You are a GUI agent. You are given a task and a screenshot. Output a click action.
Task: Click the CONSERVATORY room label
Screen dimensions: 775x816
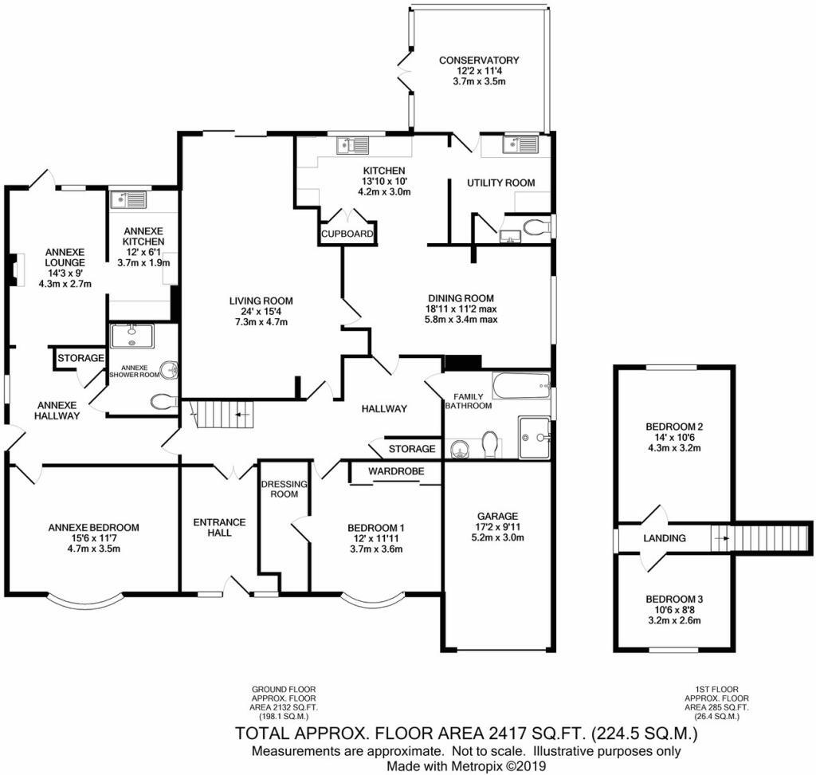(479, 60)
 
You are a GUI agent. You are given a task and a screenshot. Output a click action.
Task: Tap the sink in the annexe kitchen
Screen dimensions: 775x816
(127, 199)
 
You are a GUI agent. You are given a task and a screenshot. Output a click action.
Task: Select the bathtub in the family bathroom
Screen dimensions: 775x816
(521, 387)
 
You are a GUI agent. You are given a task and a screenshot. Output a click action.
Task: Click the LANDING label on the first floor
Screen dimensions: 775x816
(664, 538)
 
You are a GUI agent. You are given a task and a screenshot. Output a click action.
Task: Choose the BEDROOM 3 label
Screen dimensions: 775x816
(673, 599)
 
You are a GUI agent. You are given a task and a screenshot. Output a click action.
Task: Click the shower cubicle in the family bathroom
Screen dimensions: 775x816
(534, 437)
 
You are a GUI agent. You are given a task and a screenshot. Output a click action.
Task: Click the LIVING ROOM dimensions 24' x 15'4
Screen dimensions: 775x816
(261, 312)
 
